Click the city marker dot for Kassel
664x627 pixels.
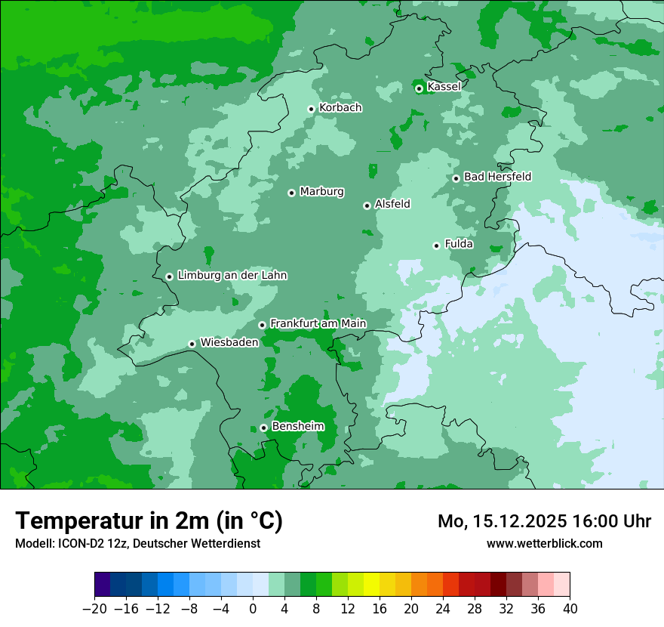tap(419, 88)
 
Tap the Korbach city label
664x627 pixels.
tap(340, 108)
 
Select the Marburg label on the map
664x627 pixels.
tap(321, 192)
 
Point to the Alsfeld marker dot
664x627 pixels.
tap(367, 205)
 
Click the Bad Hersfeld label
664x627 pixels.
tap(497, 177)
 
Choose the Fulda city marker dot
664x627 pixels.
tap(436, 246)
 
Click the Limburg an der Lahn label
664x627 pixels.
tap(232, 276)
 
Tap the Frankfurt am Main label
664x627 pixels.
tap(318, 324)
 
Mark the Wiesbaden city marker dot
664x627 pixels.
tap(192, 344)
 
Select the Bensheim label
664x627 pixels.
tap(297, 427)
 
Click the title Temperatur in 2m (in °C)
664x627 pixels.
tap(149, 521)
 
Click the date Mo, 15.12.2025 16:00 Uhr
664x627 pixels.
tap(544, 521)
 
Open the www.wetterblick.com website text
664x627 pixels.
tap(544, 543)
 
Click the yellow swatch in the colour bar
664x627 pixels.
tap(371, 585)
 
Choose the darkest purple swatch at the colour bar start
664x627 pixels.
tap(103, 585)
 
